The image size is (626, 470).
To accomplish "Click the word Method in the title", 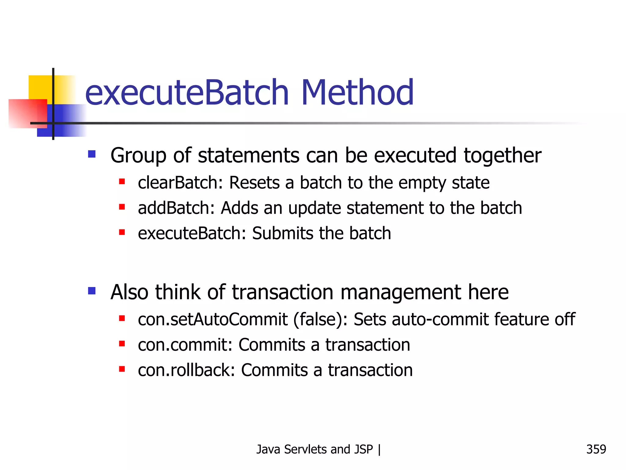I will click(357, 92).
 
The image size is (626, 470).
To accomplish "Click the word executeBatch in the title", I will click(187, 92).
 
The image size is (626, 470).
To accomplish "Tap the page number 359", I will click(596, 449).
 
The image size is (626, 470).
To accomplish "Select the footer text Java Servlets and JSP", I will click(315, 449).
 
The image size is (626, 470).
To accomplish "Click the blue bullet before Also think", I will click(92, 290).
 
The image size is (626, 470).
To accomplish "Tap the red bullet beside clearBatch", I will click(122, 182).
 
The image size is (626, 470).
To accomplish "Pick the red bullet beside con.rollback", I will click(122, 369).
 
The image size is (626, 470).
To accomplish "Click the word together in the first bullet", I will click(502, 156).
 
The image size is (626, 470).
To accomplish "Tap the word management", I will click(401, 292).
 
